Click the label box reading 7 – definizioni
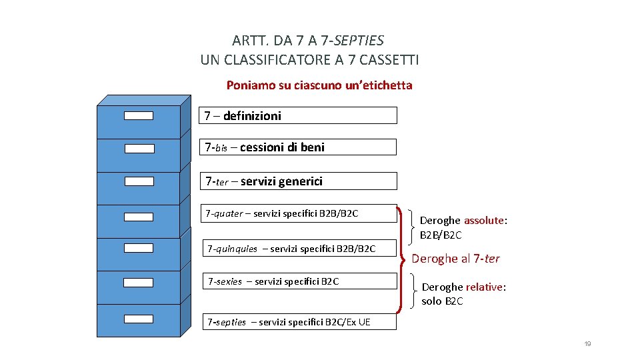298,115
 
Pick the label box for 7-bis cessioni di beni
298,147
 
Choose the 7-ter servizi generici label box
298,181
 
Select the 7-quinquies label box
299,249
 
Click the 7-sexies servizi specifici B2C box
299,281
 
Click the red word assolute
484,221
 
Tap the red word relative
484,287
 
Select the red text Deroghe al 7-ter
455,259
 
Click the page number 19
587,344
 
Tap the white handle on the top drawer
139,115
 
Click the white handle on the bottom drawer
139,319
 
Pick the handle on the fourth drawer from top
139,216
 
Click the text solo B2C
442,301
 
